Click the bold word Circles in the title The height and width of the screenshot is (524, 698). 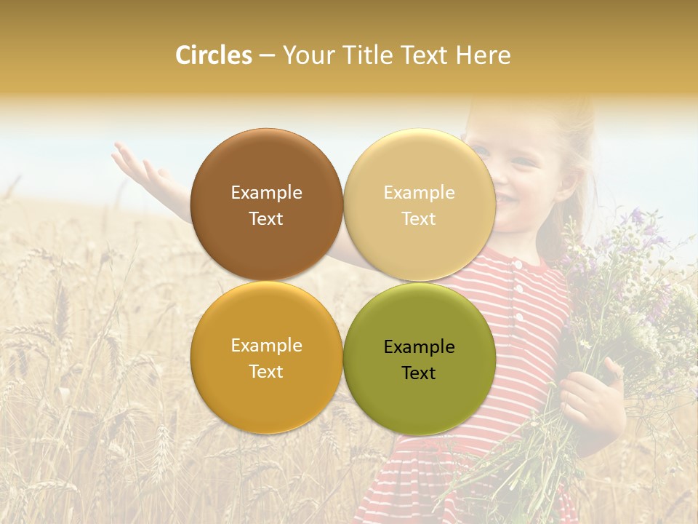point(214,55)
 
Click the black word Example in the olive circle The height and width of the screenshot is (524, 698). point(419,347)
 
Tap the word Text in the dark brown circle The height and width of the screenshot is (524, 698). point(266,219)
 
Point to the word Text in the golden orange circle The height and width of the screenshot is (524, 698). point(266,372)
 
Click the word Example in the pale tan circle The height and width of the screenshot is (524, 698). point(419,193)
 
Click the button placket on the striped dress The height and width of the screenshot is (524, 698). point(518,298)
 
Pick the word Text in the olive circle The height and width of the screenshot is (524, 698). point(419,373)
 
